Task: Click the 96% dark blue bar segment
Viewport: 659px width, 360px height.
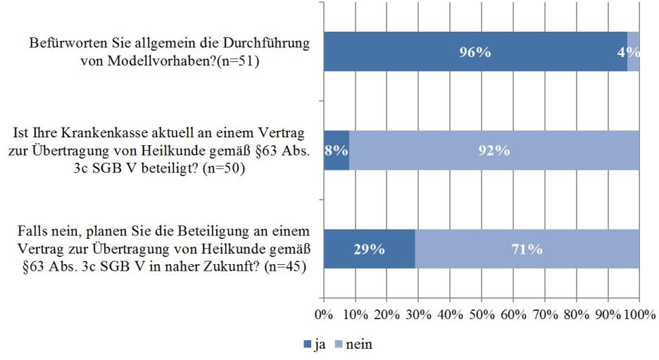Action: click(x=475, y=51)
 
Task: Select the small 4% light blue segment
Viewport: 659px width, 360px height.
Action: click(x=633, y=51)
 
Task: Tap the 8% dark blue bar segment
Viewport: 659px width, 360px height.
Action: click(x=336, y=150)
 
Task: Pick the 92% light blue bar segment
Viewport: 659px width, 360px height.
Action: click(x=494, y=150)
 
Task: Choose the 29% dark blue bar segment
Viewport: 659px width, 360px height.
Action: click(x=369, y=249)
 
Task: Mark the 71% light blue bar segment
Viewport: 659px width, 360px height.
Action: click(x=527, y=249)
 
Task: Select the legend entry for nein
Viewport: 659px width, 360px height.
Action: click(x=352, y=345)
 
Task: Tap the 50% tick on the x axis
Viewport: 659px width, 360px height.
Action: click(x=481, y=312)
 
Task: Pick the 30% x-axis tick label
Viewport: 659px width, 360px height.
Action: click(x=418, y=312)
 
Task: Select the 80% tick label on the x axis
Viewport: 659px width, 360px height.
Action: click(x=576, y=312)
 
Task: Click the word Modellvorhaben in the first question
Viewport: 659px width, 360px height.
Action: click(x=146, y=61)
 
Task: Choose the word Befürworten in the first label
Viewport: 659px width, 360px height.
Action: click(x=64, y=43)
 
